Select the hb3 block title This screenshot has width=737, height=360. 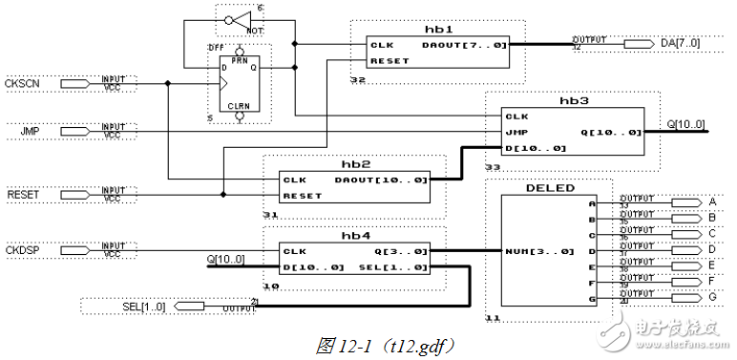coord(574,99)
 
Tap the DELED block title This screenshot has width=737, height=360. coord(550,188)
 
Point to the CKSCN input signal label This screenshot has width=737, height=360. coord(22,84)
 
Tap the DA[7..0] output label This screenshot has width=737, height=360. coord(681,44)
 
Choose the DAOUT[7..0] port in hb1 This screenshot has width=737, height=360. coord(464,44)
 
